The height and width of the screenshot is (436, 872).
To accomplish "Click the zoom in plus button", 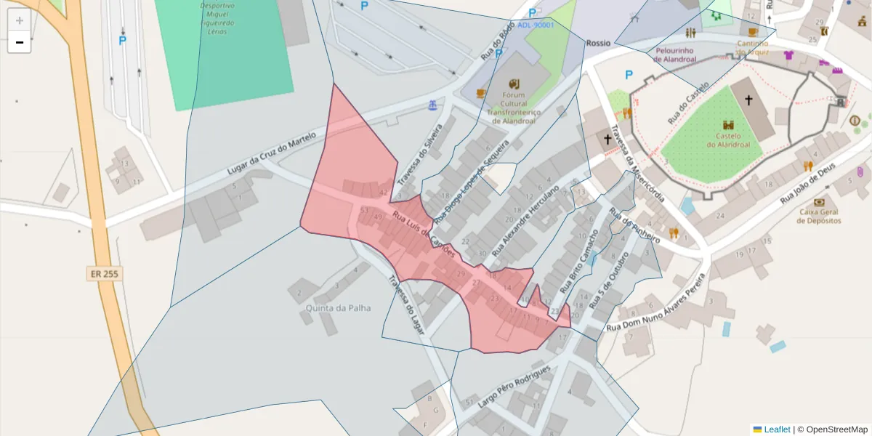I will coord(20,20).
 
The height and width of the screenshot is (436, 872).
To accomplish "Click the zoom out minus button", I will coord(20,43).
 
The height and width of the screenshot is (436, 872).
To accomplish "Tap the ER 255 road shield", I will coord(104,274).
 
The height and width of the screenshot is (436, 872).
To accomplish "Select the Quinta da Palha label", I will coord(339,307).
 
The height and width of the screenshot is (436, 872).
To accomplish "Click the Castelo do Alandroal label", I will coord(728,140).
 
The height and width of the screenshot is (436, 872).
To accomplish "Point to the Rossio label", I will coord(598,43).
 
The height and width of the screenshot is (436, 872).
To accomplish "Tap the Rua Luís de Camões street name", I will coord(424,234).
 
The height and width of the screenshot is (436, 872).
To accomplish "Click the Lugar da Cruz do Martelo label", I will coord(272,153).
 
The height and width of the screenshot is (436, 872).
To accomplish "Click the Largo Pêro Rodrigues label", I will coord(514,384).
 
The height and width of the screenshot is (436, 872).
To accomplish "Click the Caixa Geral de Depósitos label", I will coord(819,216).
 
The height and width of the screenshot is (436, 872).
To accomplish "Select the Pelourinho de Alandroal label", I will coord(676,55).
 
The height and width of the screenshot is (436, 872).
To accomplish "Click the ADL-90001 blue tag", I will coord(536,25).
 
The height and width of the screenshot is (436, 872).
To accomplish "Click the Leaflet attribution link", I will coord(777,429).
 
